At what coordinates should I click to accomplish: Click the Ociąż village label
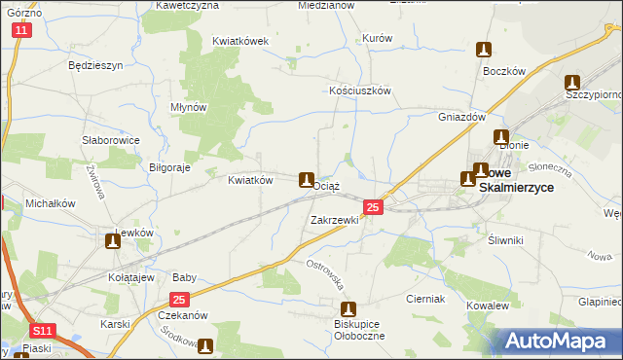coord(328,185)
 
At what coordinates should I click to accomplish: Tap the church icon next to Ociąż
coord(306,179)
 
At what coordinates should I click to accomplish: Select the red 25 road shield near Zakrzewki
coord(373,207)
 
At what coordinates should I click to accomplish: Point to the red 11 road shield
coord(22,31)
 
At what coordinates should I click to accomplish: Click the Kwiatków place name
coord(248,180)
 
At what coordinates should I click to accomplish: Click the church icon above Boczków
coord(484,50)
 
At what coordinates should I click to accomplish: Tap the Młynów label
coord(189,107)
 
